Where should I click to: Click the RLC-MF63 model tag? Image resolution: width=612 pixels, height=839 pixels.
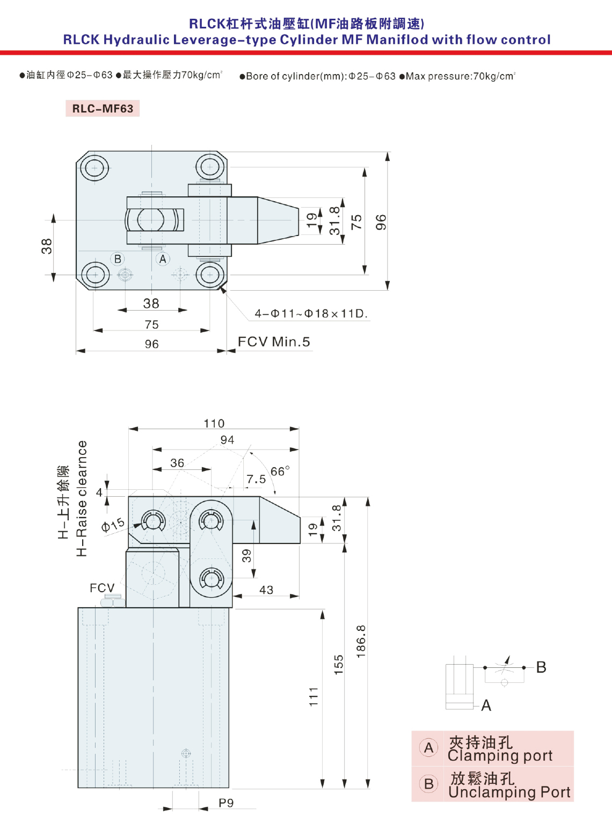click(103, 108)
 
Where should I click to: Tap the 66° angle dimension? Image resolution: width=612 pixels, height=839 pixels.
click(280, 471)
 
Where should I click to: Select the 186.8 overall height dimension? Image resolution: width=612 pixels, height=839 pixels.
click(361, 641)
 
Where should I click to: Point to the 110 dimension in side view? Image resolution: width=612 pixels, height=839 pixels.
click(214, 423)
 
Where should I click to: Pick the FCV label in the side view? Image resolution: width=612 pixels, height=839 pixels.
click(102, 587)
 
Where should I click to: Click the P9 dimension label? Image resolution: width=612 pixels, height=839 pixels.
click(226, 803)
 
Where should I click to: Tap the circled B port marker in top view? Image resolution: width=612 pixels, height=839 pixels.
click(118, 259)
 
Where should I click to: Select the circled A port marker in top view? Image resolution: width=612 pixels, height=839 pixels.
click(163, 259)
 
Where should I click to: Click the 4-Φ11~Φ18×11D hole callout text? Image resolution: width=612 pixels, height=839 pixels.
click(311, 313)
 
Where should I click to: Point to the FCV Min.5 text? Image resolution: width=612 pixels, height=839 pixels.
click(274, 342)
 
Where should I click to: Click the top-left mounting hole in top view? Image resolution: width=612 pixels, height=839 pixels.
click(94, 168)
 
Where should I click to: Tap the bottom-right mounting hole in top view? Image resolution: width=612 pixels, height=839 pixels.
click(210, 275)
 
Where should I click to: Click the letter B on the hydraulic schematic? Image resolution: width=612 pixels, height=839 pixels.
click(541, 667)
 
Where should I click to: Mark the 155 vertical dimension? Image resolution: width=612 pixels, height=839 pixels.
click(338, 665)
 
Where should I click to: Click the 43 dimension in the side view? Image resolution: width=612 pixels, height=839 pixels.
click(266, 590)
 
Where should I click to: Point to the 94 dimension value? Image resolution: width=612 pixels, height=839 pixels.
click(227, 440)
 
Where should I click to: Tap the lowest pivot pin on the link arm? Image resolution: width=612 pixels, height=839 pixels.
click(212, 578)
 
